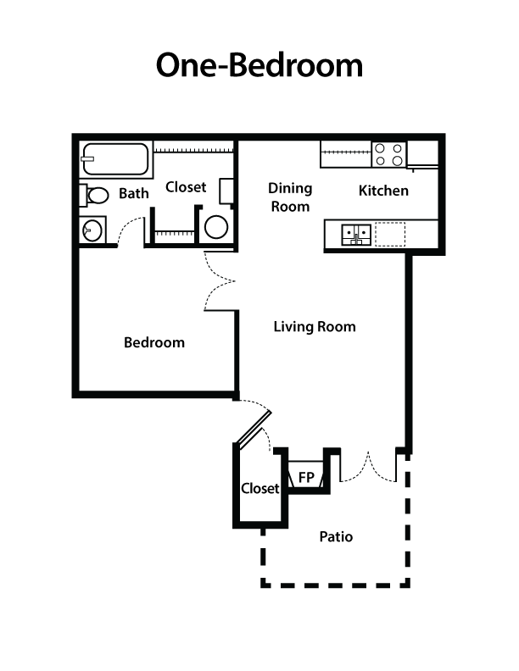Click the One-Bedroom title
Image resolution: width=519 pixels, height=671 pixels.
259,65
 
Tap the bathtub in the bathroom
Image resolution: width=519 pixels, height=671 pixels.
115,159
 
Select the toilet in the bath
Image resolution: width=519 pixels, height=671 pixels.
95,196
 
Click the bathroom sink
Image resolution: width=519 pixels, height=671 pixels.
92,229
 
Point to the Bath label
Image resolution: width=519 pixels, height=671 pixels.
133,194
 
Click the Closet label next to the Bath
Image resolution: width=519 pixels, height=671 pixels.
186,187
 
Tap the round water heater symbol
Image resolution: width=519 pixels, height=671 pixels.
217,226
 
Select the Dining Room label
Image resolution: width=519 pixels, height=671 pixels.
290,197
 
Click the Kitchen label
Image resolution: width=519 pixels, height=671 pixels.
383,191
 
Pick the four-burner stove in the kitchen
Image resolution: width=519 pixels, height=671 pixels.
390,154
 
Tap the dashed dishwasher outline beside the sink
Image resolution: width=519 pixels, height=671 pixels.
391,233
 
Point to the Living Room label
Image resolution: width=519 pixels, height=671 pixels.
315,327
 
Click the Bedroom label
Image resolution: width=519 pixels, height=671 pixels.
154,342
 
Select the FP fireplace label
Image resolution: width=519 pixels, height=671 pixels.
306,478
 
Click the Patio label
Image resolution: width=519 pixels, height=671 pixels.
336,536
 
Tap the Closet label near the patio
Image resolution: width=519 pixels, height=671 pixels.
259,489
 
